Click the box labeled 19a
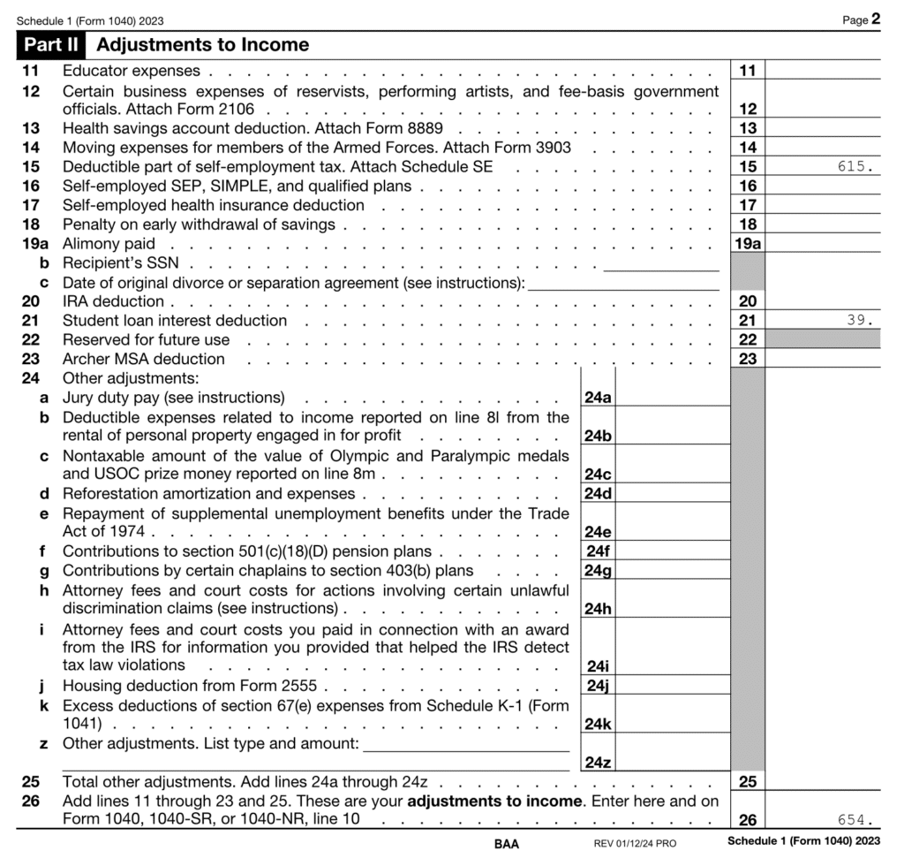coord(747,244)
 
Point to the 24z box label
coord(598,763)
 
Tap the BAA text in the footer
coord(507,844)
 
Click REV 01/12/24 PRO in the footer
coord(635,844)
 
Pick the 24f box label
coord(598,551)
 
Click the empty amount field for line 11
coord(823,71)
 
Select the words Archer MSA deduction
coord(143,360)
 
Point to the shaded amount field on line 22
coord(823,340)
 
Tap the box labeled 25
coord(747,782)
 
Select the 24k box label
coord(598,724)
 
